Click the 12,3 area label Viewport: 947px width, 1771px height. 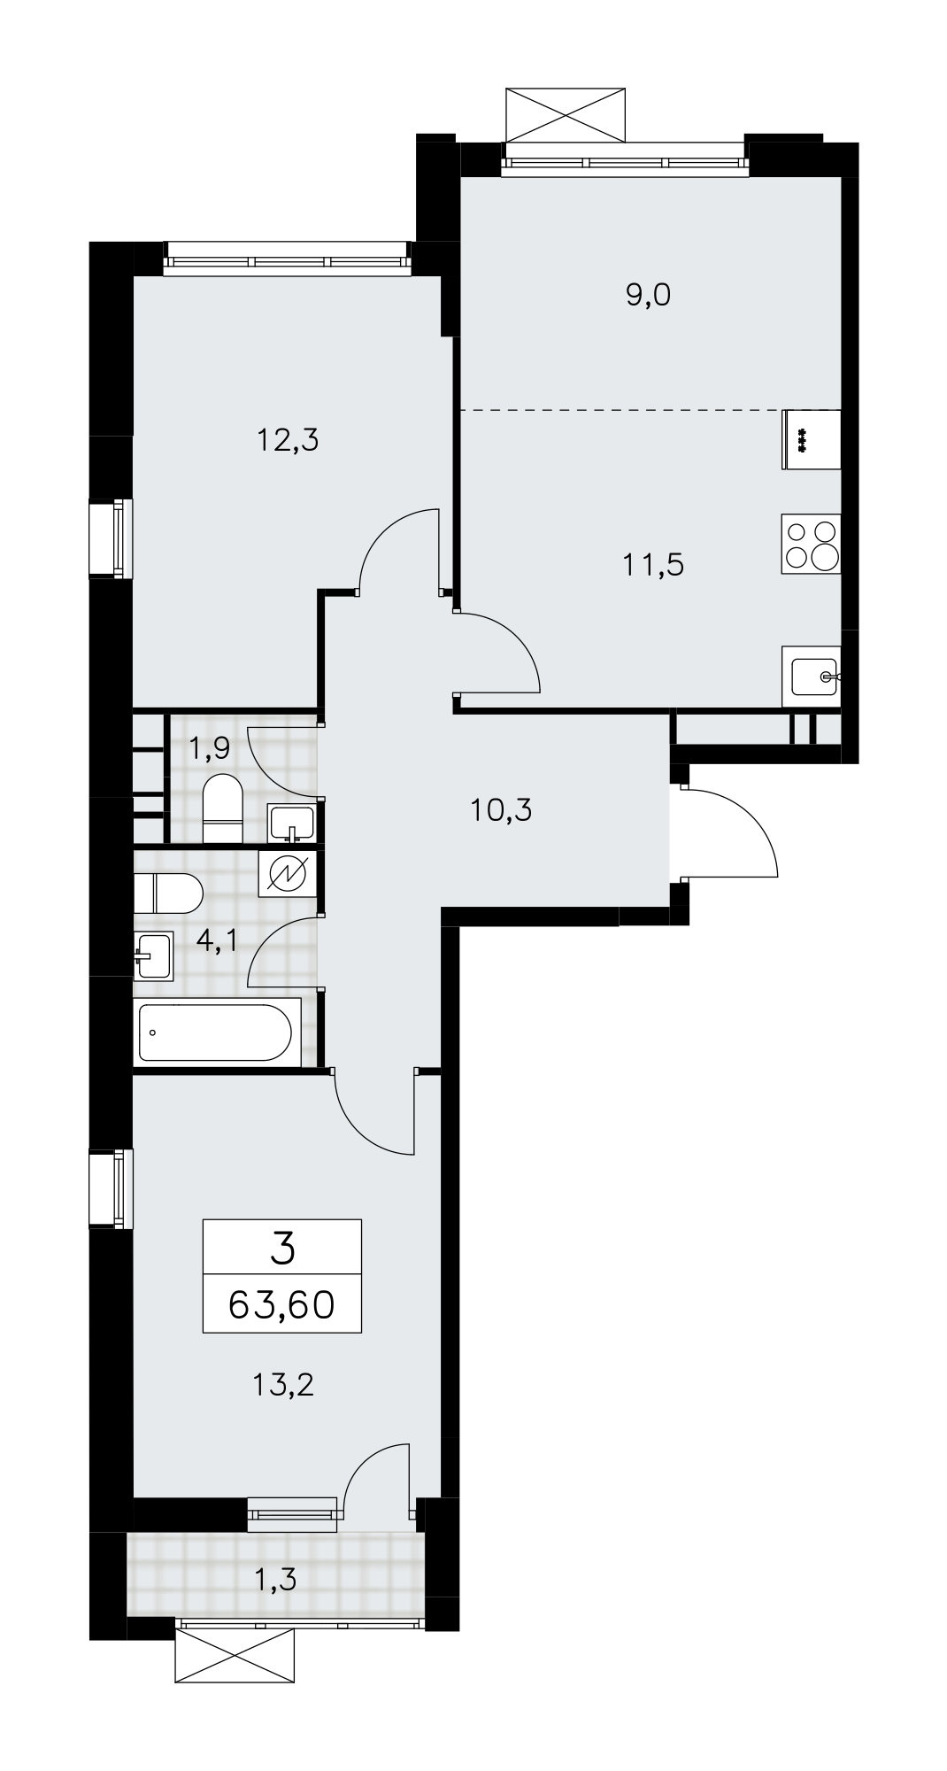click(x=287, y=439)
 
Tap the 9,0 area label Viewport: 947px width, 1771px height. click(x=649, y=295)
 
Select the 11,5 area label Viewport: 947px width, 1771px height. click(x=653, y=564)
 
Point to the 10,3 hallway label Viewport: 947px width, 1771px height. click(x=501, y=809)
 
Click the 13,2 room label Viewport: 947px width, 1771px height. click(x=283, y=1383)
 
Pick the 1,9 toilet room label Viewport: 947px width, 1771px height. click(x=209, y=749)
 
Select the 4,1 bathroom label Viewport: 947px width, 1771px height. click(x=217, y=940)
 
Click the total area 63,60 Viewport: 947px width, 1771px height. click(x=281, y=1303)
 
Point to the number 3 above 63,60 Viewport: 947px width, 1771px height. click(x=282, y=1249)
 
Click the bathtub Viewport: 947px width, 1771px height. click(x=215, y=1032)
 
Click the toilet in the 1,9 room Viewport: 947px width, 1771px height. click(x=223, y=809)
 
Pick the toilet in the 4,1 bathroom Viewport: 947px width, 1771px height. click(x=169, y=893)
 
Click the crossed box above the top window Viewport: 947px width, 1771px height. click(x=567, y=113)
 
